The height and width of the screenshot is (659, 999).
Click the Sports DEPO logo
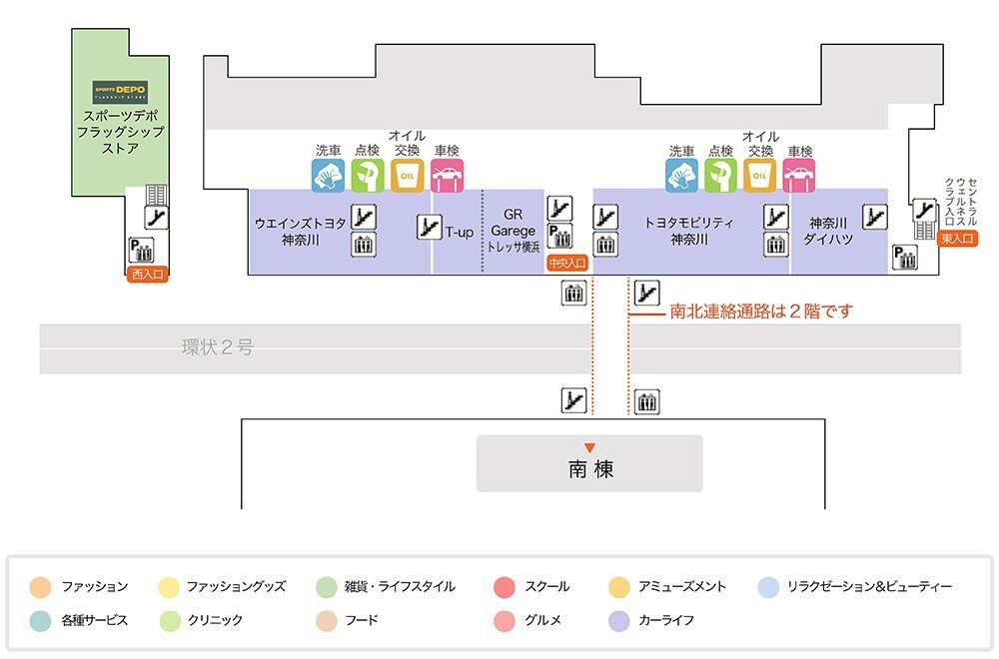[120, 89]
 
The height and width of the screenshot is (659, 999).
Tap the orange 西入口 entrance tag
[147, 276]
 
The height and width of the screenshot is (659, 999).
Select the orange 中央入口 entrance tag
[567, 265]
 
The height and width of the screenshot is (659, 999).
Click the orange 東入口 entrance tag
[958, 239]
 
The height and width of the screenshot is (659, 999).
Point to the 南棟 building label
[590, 468]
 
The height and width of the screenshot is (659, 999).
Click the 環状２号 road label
[217, 347]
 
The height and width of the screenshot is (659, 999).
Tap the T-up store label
[459, 232]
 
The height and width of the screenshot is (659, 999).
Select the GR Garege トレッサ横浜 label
[513, 231]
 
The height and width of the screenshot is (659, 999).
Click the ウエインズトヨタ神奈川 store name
[301, 231]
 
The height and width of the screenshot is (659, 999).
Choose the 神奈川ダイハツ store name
[827, 231]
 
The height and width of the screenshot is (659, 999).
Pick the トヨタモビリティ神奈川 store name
[689, 231]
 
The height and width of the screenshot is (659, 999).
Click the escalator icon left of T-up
[429, 227]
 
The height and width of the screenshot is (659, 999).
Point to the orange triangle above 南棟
[590, 447]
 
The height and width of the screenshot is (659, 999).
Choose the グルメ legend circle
[504, 620]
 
